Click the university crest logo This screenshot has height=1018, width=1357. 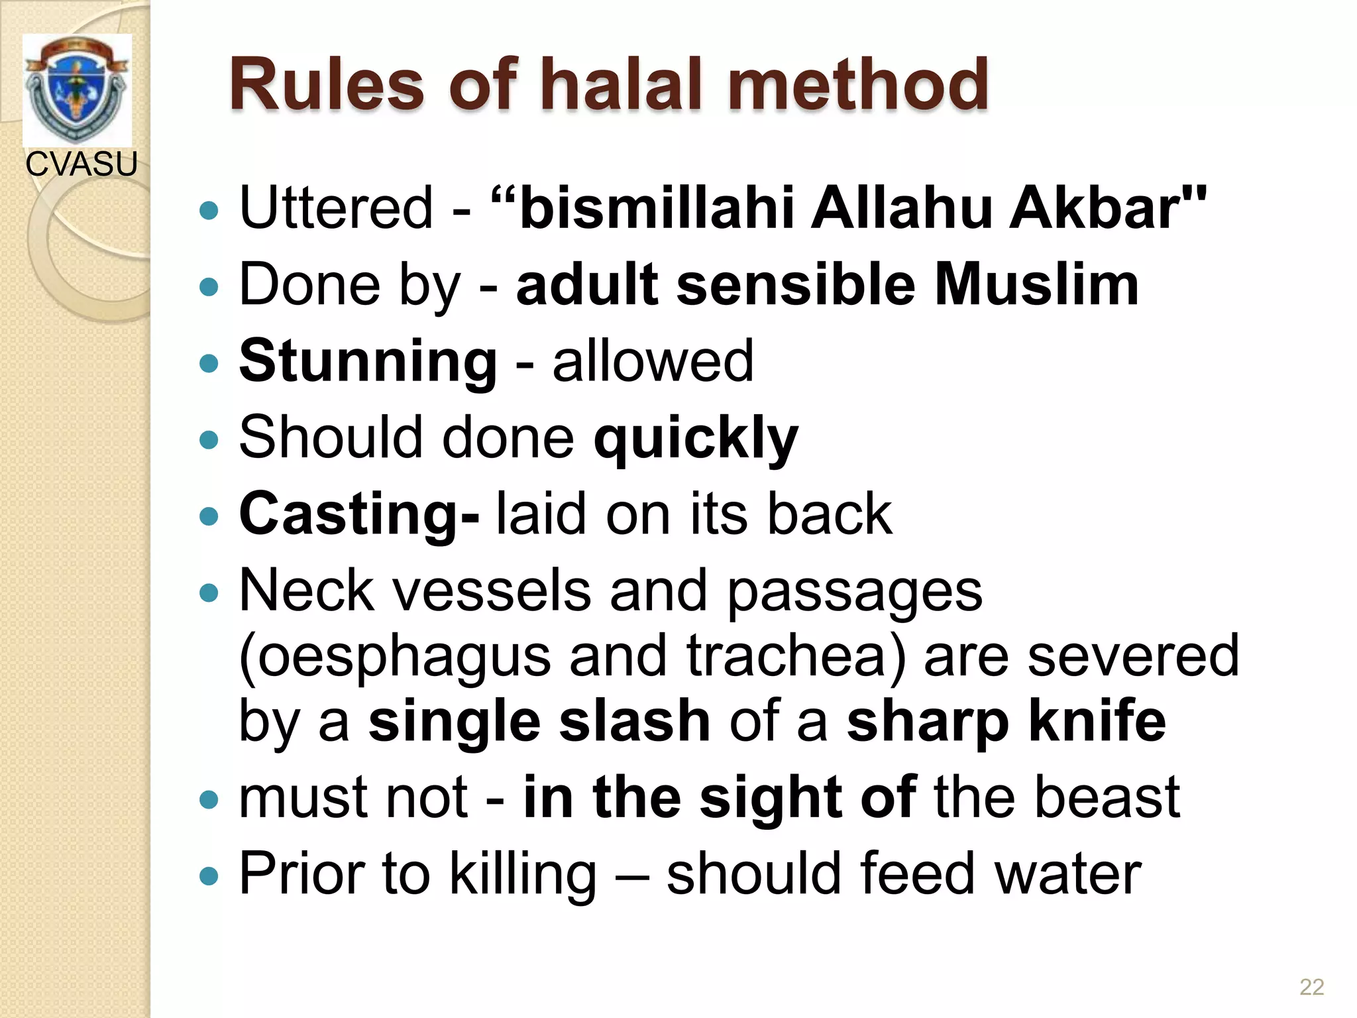point(77,89)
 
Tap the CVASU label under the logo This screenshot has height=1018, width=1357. point(81,164)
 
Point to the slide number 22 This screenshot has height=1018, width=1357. point(1311,987)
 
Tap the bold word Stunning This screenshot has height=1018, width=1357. point(368,362)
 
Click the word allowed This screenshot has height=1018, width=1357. point(653,362)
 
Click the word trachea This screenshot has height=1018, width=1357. point(795,656)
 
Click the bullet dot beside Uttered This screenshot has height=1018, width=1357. point(209,211)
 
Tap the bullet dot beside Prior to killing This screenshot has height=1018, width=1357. point(209,877)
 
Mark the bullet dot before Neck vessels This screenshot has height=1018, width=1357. point(209,592)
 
